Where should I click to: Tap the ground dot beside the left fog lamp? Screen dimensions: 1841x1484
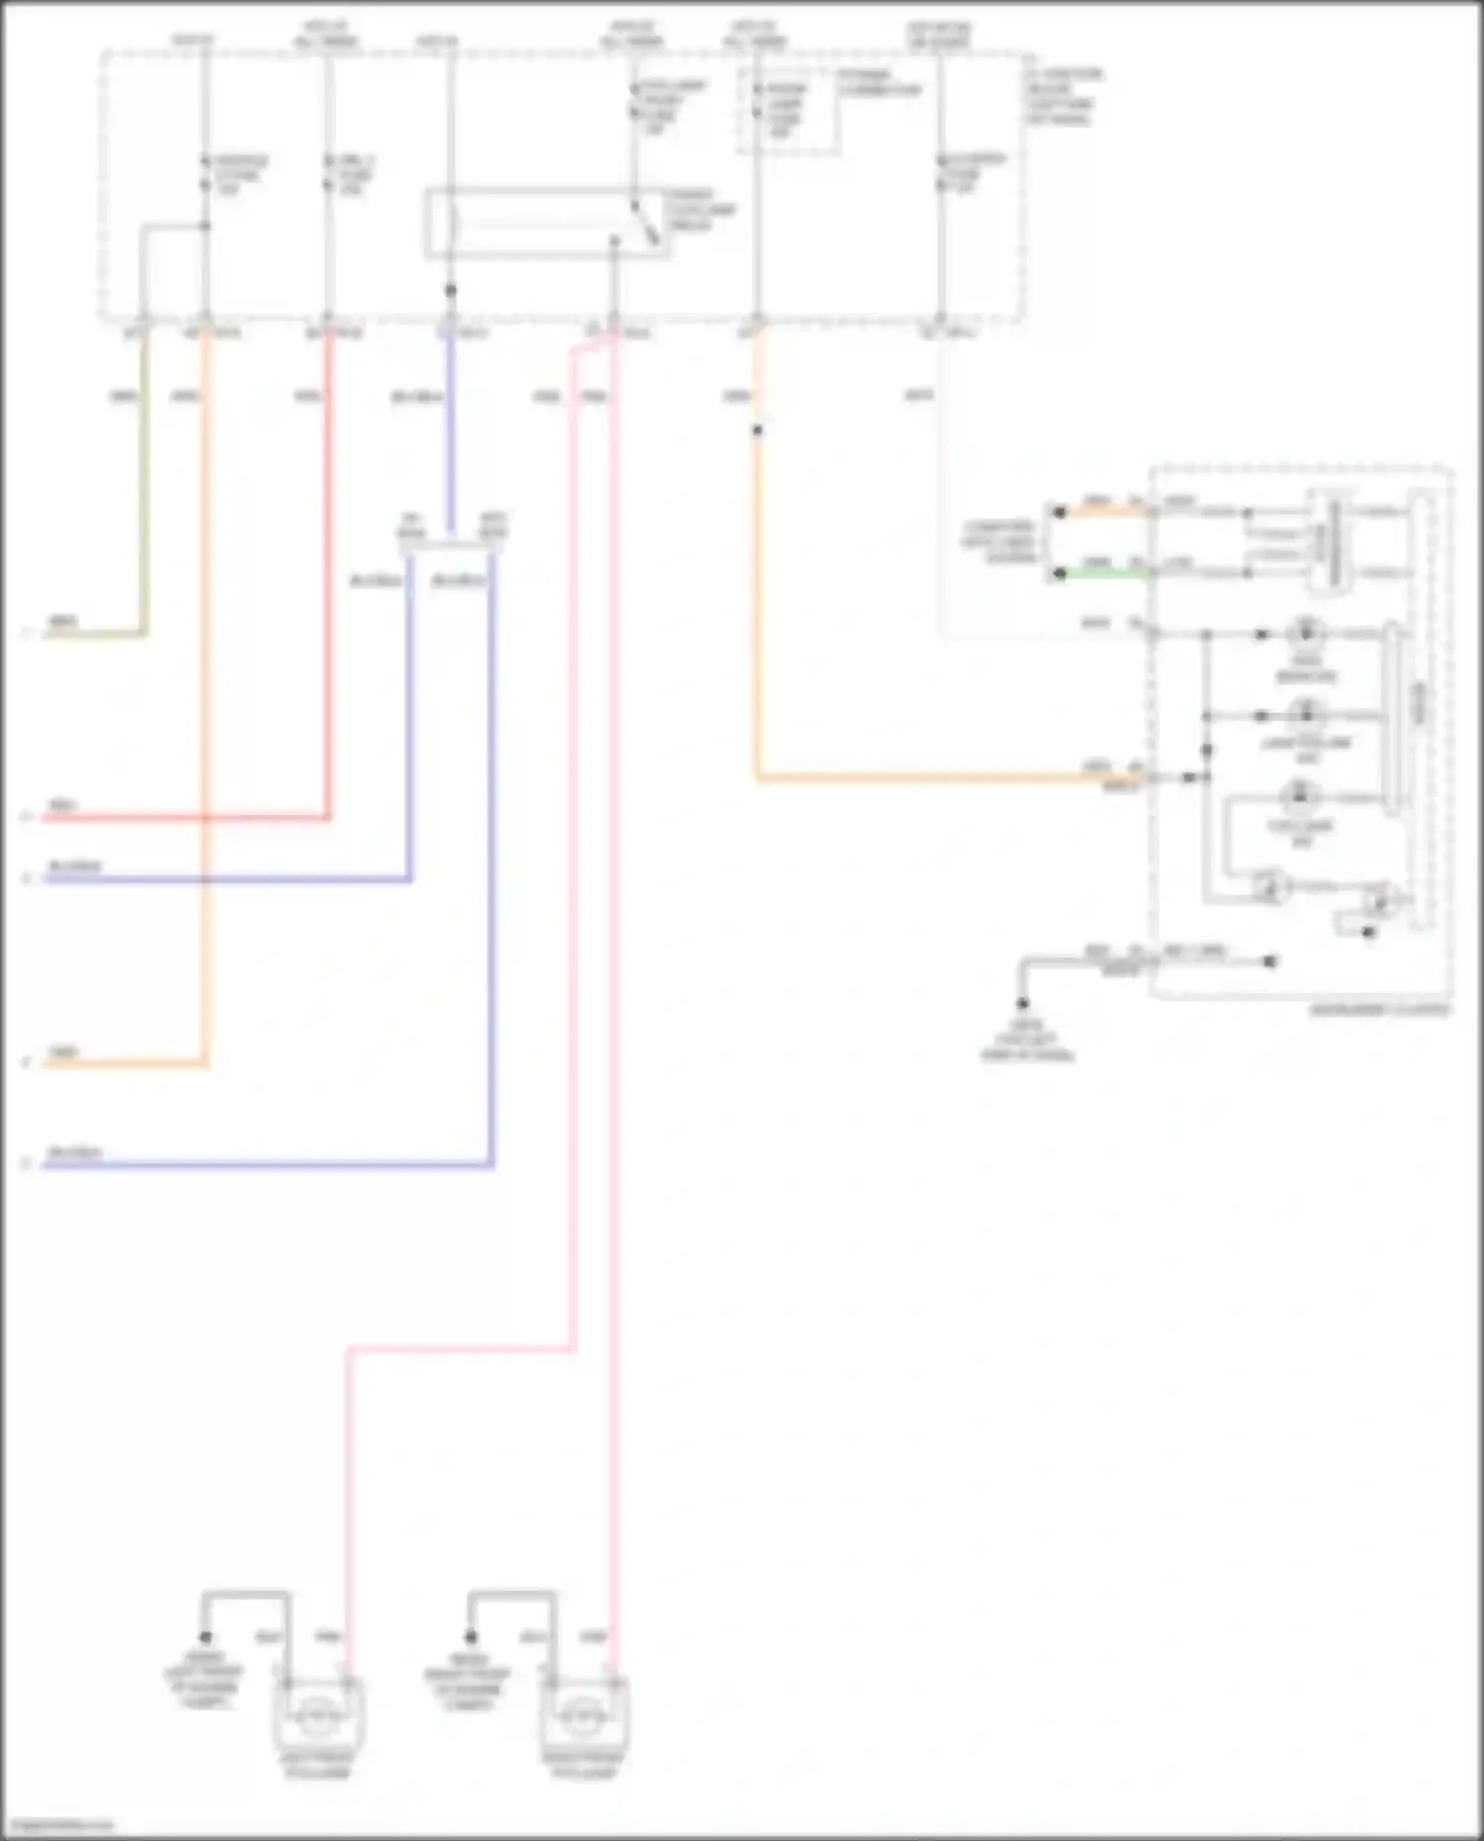click(x=206, y=1638)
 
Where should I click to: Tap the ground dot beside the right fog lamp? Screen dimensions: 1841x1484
click(x=471, y=1637)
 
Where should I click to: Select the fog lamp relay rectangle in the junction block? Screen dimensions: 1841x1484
click(x=546, y=224)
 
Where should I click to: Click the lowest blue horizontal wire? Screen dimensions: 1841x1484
click(x=267, y=1165)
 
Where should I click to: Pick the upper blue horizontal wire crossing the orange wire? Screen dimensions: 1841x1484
click(x=228, y=878)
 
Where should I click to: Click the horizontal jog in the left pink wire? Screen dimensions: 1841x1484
click(x=461, y=1348)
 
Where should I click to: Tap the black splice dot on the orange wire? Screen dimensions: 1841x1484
click(x=757, y=430)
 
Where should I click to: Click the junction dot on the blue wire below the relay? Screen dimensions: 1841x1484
click(x=450, y=291)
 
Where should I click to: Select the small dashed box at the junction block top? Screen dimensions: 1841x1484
click(x=788, y=111)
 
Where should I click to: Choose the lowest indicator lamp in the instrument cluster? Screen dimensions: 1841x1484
click(x=1300, y=796)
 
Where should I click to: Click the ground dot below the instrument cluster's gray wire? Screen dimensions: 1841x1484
click(x=1023, y=1003)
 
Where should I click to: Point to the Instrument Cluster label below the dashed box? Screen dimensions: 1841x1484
click(x=1379, y=1010)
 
